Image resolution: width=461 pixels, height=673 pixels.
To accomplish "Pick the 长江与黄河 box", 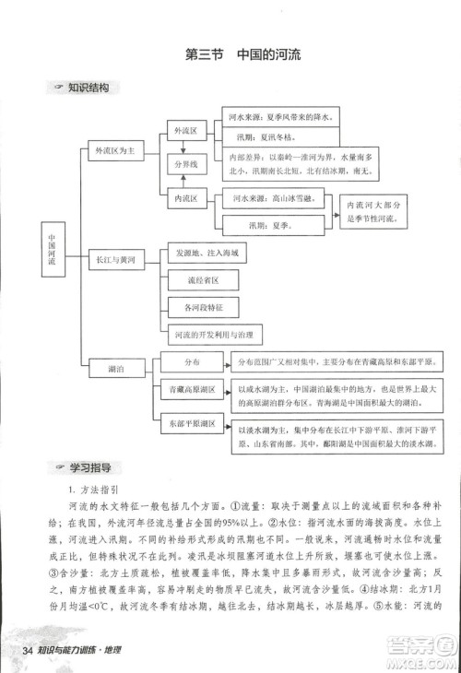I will pyautogui.click(x=115, y=261).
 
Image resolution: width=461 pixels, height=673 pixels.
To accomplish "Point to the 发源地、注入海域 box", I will pyautogui.click(x=205, y=252).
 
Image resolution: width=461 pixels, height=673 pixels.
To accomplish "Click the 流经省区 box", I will pyautogui.click(x=197, y=278).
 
